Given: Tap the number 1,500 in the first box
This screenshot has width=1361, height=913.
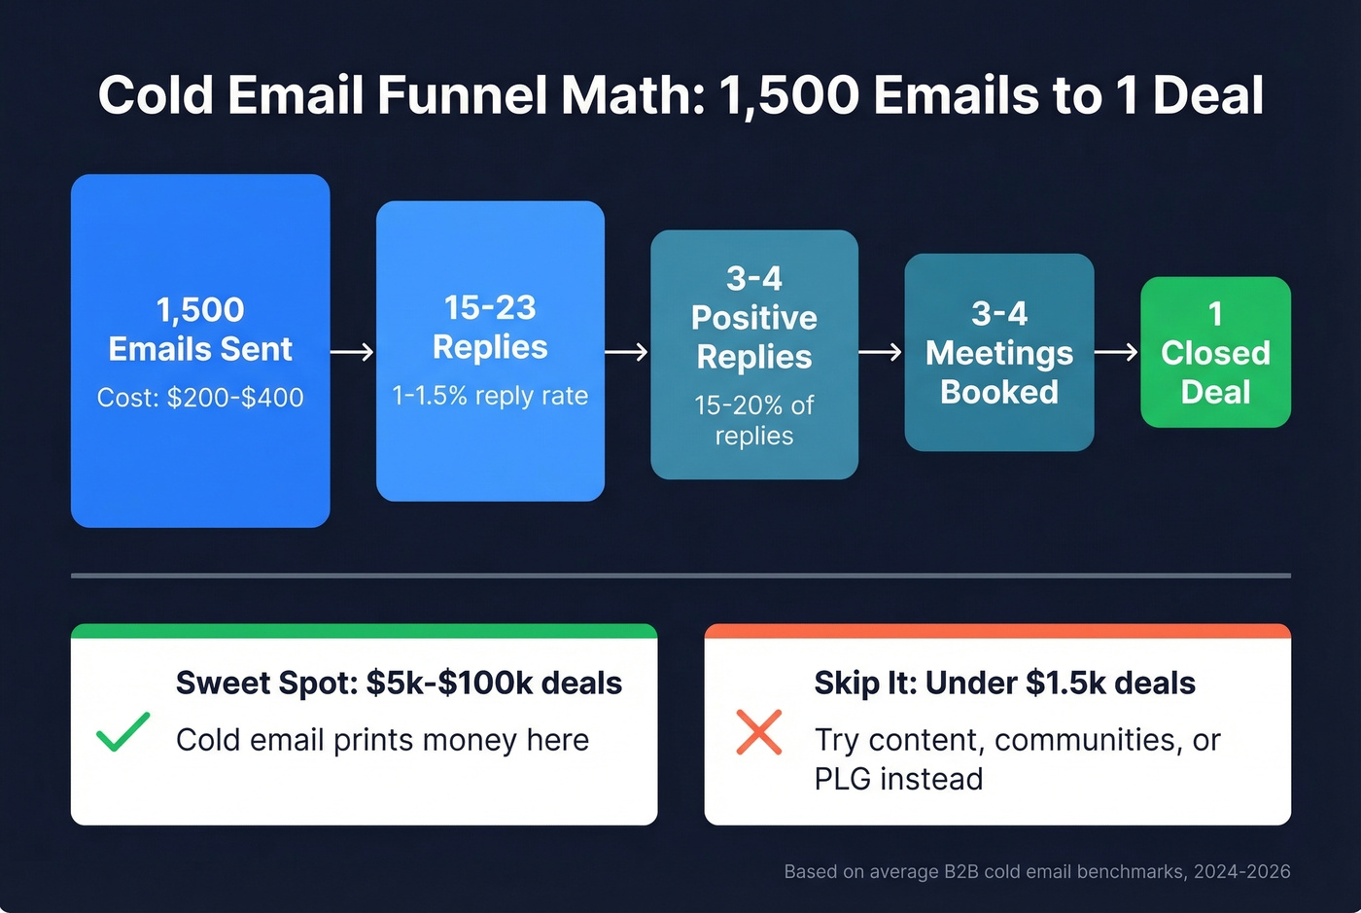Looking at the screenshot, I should [200, 309].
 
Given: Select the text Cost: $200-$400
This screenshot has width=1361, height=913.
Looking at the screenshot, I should [200, 397].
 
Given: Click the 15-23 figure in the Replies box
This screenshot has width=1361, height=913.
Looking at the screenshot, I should [490, 307].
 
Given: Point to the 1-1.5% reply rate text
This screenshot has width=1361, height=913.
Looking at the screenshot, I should [490, 396].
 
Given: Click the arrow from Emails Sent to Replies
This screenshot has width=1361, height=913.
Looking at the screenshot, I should [352, 351].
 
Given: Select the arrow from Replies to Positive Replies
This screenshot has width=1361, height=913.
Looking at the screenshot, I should [626, 351].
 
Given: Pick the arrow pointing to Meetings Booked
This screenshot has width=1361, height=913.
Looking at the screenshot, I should [881, 351].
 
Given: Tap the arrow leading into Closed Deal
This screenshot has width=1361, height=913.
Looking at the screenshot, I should [1116, 351].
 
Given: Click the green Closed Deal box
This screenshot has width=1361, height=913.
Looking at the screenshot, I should [1215, 353].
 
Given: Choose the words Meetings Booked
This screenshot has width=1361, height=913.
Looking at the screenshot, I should [999, 372].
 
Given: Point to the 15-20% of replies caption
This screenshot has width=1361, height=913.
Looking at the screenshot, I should [754, 420].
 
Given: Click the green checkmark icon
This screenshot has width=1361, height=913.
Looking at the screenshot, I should [123, 732].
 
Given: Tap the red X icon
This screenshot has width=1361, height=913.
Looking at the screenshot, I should [759, 732].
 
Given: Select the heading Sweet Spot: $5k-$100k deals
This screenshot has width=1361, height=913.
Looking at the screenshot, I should [399, 683].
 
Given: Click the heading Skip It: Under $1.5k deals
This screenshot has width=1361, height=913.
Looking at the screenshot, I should [1004, 683].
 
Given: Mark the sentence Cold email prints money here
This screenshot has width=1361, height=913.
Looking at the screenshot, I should [382, 740].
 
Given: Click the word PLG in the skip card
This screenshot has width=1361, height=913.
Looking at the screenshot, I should [843, 779].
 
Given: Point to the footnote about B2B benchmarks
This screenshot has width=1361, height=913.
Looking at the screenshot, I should [1036, 871].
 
